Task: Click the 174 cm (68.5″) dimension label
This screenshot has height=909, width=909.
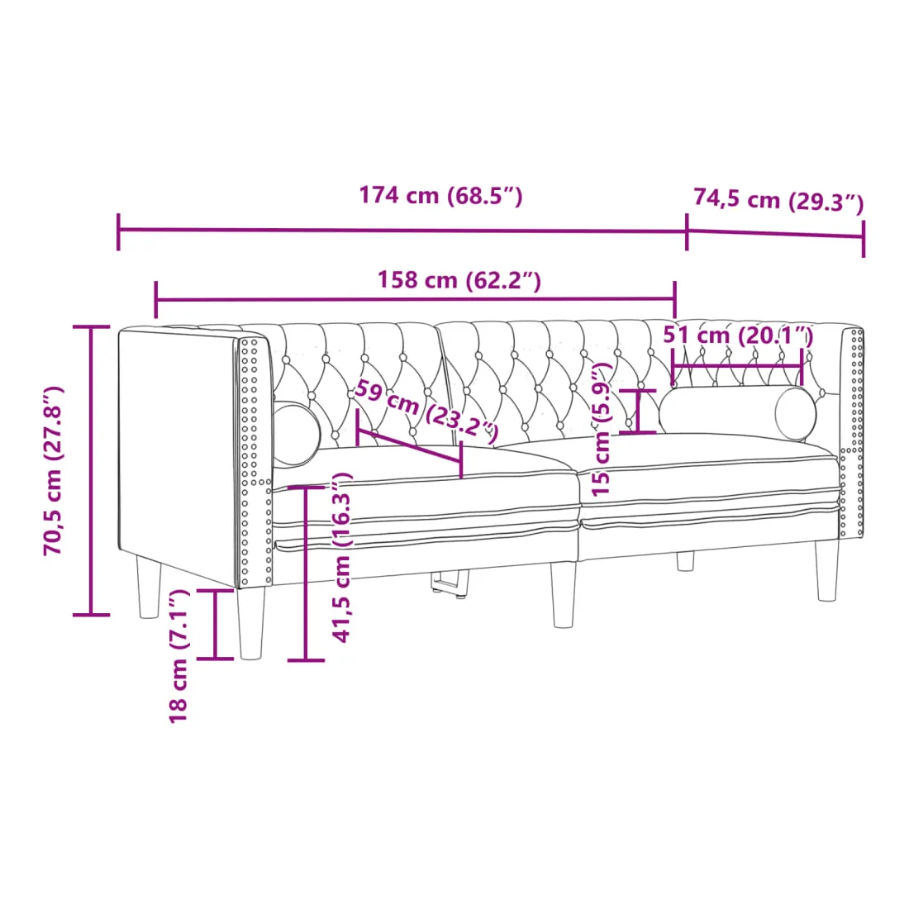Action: pyautogui.click(x=440, y=195)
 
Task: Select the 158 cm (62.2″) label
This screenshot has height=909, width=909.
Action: pyautogui.click(x=459, y=280)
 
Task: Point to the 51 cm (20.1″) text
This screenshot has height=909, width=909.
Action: pyautogui.click(x=738, y=335)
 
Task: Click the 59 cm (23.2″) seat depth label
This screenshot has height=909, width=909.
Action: pyautogui.click(x=426, y=410)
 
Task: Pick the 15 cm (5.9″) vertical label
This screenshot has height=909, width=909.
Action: pyautogui.click(x=602, y=429)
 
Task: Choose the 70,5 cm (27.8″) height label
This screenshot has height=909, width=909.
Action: pyautogui.click(x=54, y=471)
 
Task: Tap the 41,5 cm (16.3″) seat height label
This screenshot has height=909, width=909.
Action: pyautogui.click(x=341, y=558)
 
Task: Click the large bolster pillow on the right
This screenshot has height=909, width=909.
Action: pyautogui.click(x=737, y=413)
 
